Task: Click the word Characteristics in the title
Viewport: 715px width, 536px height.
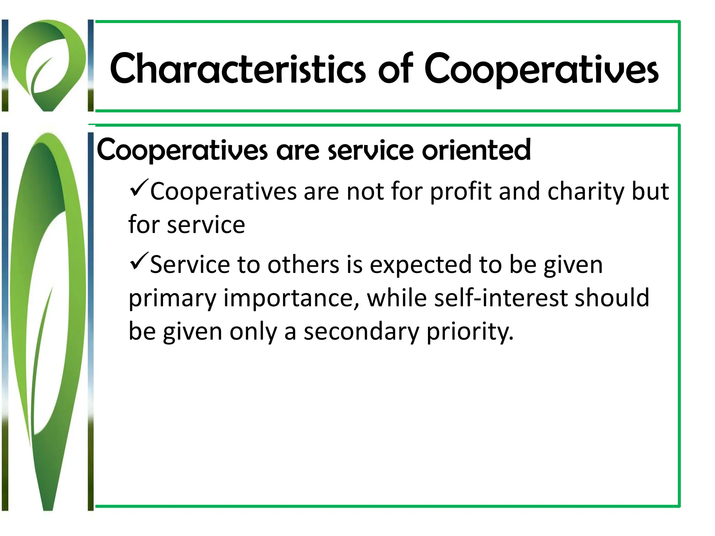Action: click(x=237, y=69)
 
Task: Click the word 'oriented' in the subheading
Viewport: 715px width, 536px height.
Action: click(x=476, y=150)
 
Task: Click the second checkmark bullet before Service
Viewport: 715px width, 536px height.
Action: click(x=139, y=262)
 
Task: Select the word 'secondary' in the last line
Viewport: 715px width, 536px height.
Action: click(x=361, y=332)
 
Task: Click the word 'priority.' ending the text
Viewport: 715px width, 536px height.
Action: click(x=470, y=332)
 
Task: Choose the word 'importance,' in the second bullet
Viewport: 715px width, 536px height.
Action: click(x=291, y=299)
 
